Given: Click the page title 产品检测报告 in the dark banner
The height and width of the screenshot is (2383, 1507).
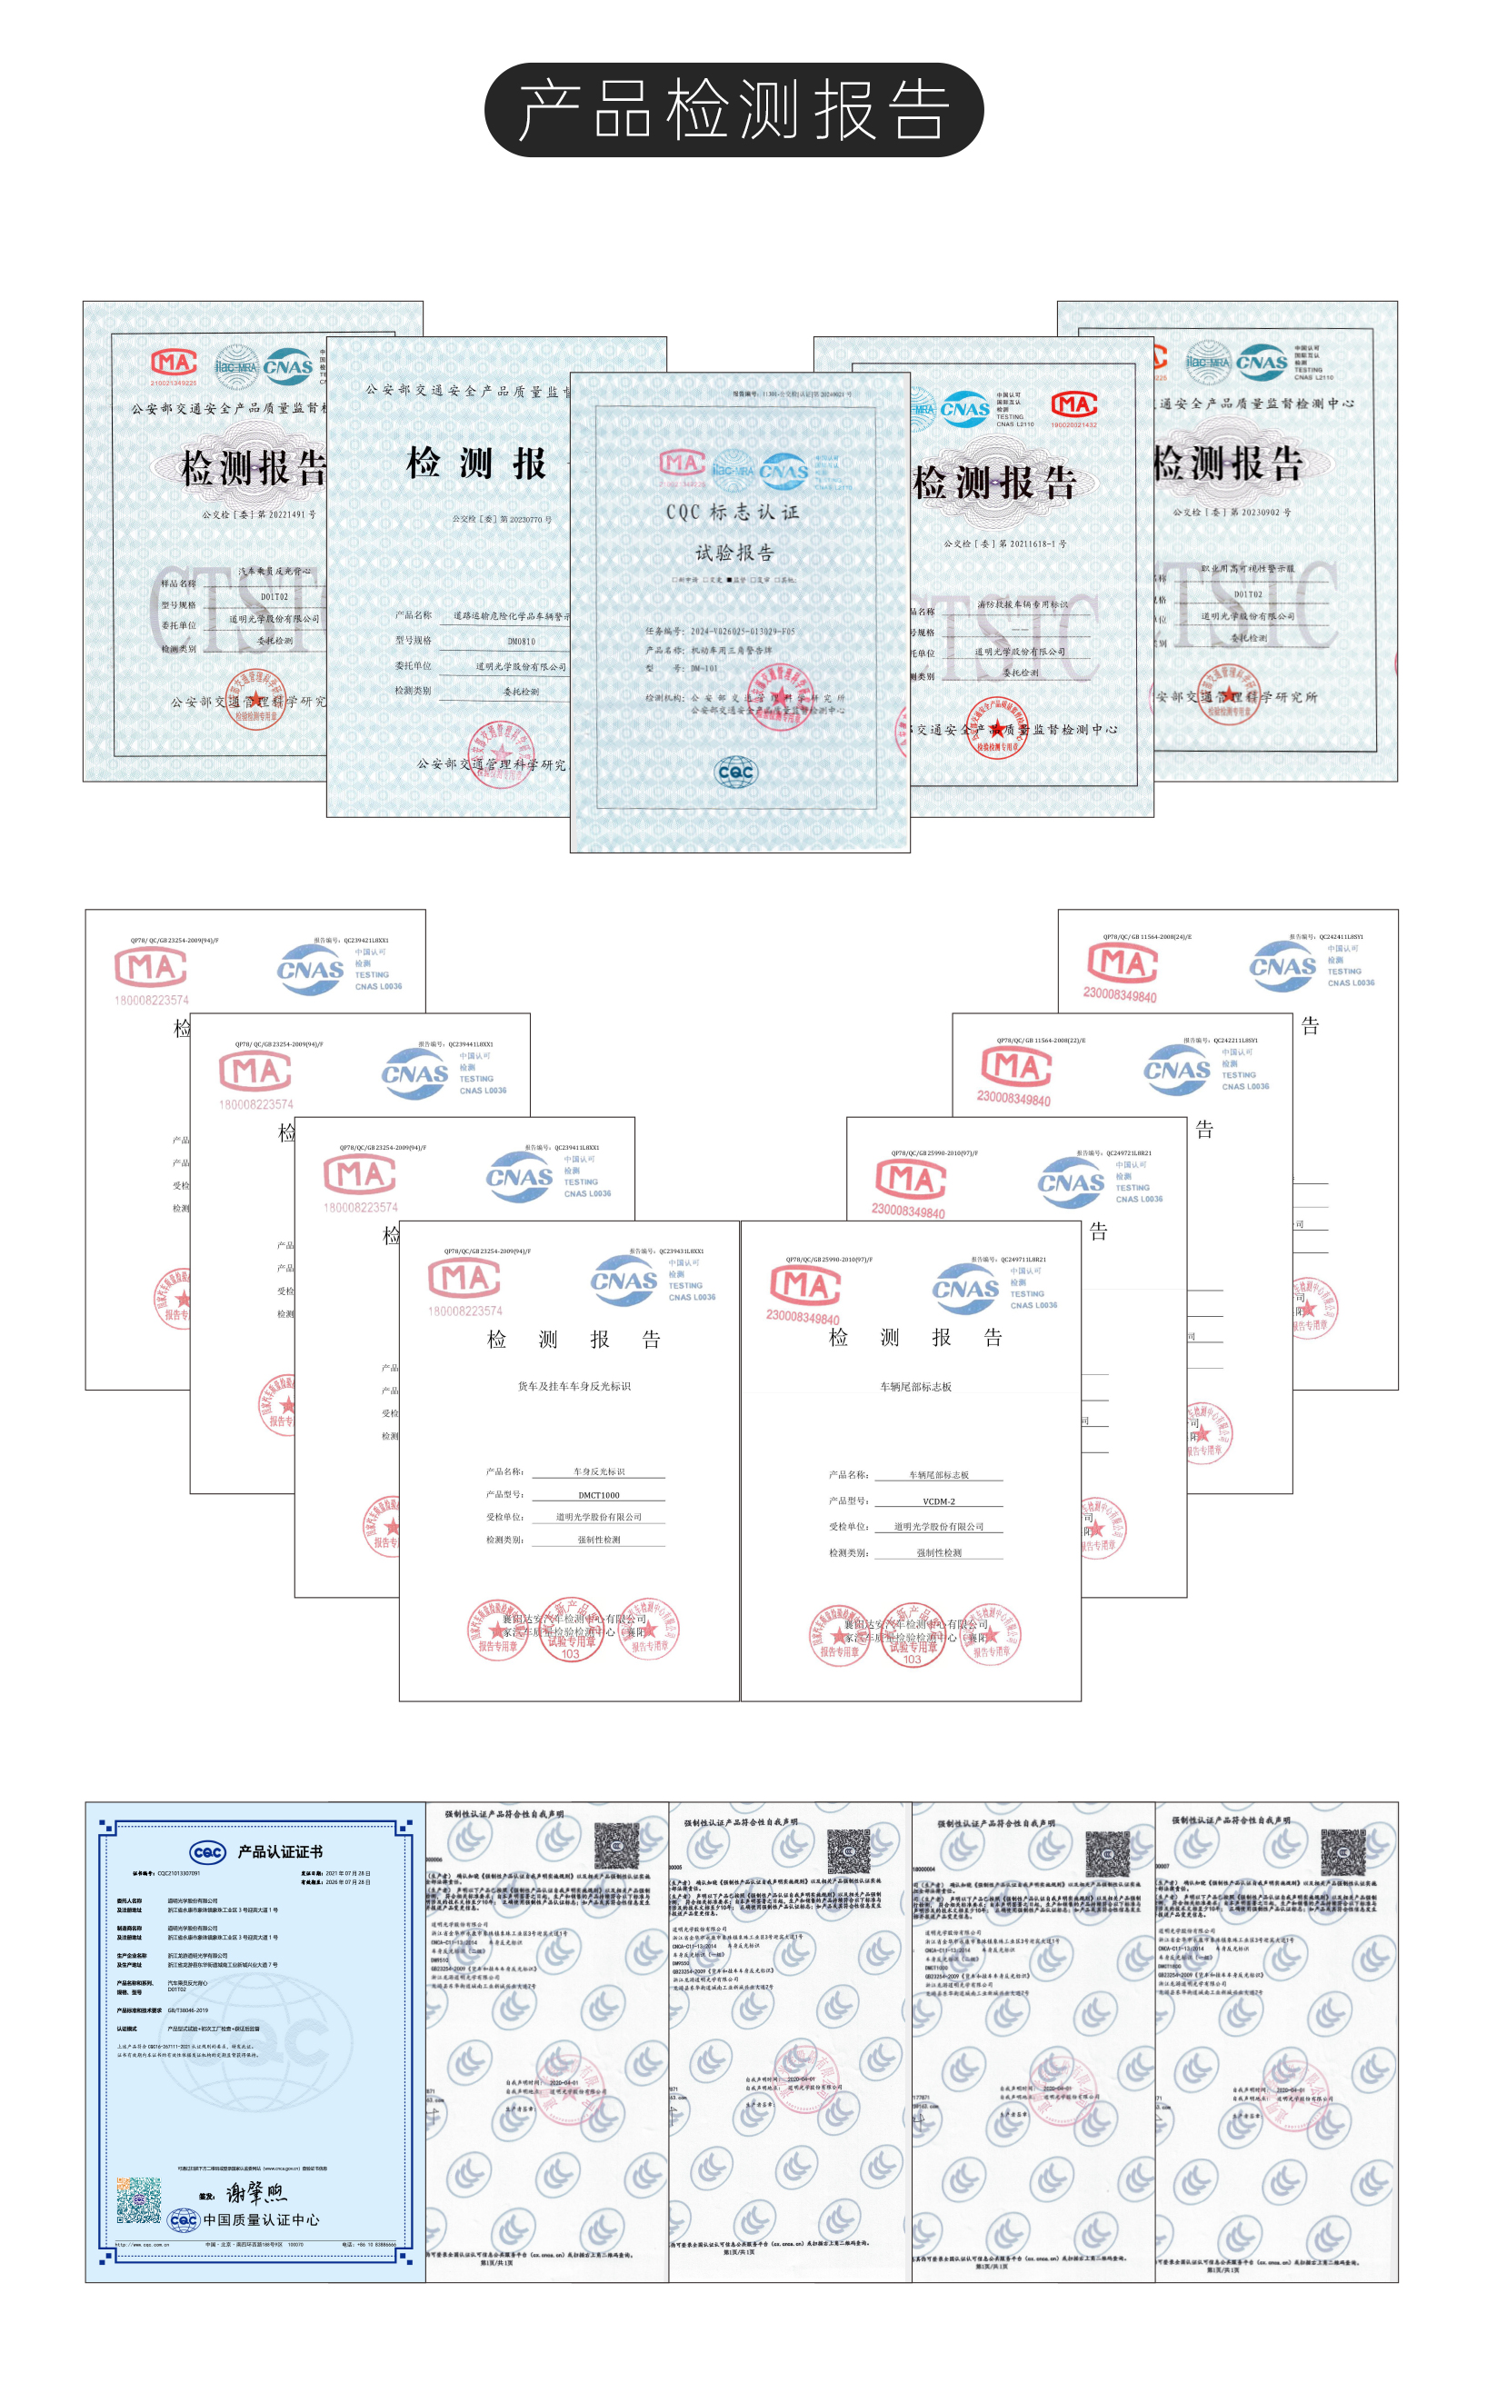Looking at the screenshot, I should pyautogui.click(x=734, y=110).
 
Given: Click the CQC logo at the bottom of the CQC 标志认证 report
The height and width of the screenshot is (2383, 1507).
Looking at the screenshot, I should pyautogui.click(x=735, y=771).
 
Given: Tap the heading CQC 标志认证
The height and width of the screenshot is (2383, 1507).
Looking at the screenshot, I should pyautogui.click(x=733, y=512).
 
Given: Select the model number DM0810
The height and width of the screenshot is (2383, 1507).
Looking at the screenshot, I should pyautogui.click(x=522, y=642).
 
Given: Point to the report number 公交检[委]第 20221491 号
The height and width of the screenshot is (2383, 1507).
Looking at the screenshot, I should pyautogui.click(x=259, y=514).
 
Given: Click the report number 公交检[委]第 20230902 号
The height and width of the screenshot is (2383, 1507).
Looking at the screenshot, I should pyautogui.click(x=1231, y=512).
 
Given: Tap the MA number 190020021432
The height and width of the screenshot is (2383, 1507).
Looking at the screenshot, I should pyautogui.click(x=1073, y=425).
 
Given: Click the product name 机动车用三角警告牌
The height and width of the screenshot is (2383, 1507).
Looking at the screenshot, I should pyautogui.click(x=732, y=650).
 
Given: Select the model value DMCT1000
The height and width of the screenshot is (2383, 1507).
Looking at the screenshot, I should pyautogui.click(x=599, y=1495).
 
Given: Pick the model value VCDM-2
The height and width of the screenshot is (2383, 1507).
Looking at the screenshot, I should pyautogui.click(x=938, y=1501).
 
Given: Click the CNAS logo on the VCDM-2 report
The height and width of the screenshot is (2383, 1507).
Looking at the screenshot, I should pyautogui.click(x=966, y=1289).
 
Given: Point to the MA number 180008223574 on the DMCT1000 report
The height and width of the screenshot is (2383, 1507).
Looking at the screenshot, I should pyautogui.click(x=464, y=1311).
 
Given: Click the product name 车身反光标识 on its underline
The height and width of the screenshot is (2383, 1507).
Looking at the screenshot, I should pyautogui.click(x=599, y=1471).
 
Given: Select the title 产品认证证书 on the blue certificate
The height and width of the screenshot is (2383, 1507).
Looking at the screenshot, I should pyautogui.click(x=279, y=1851).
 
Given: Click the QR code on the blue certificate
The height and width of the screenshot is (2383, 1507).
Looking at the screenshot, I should pyautogui.click(x=138, y=2199).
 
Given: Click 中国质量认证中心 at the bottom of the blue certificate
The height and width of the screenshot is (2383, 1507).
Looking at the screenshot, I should pyautogui.click(x=261, y=2219).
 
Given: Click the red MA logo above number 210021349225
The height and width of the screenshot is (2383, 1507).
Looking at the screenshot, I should pyautogui.click(x=174, y=364).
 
